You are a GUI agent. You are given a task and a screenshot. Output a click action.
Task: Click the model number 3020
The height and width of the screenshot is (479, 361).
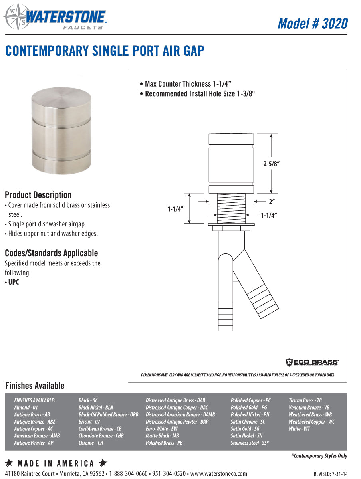click(312, 24)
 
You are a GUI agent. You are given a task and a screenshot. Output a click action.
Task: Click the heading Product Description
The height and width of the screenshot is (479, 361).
click(38, 195)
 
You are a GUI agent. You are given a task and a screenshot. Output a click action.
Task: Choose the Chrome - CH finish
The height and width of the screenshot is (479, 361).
click(91, 443)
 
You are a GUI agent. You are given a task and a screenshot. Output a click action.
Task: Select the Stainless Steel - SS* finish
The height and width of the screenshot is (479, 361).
click(250, 443)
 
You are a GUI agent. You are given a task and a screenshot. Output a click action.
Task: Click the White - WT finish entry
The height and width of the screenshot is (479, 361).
click(299, 429)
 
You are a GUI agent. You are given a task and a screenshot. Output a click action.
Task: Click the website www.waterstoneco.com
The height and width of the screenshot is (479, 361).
click(219, 474)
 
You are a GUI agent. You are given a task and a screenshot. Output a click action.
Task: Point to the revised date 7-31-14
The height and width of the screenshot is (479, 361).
click(331, 474)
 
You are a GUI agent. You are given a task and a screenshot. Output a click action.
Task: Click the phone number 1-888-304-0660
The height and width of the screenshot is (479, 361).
click(128, 474)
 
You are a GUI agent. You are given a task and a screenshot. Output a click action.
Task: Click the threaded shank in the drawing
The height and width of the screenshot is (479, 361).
click(231, 208)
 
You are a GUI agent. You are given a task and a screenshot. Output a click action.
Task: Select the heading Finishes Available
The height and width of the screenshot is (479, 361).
click(35, 386)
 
